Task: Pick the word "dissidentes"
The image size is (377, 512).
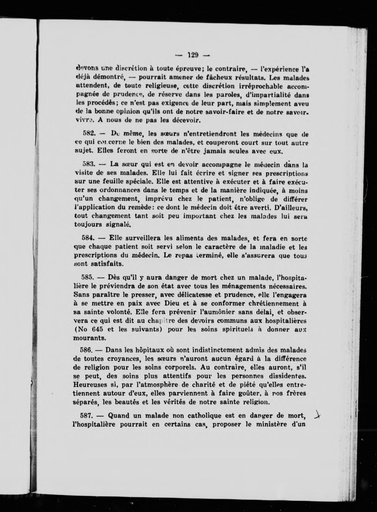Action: (285, 376)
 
